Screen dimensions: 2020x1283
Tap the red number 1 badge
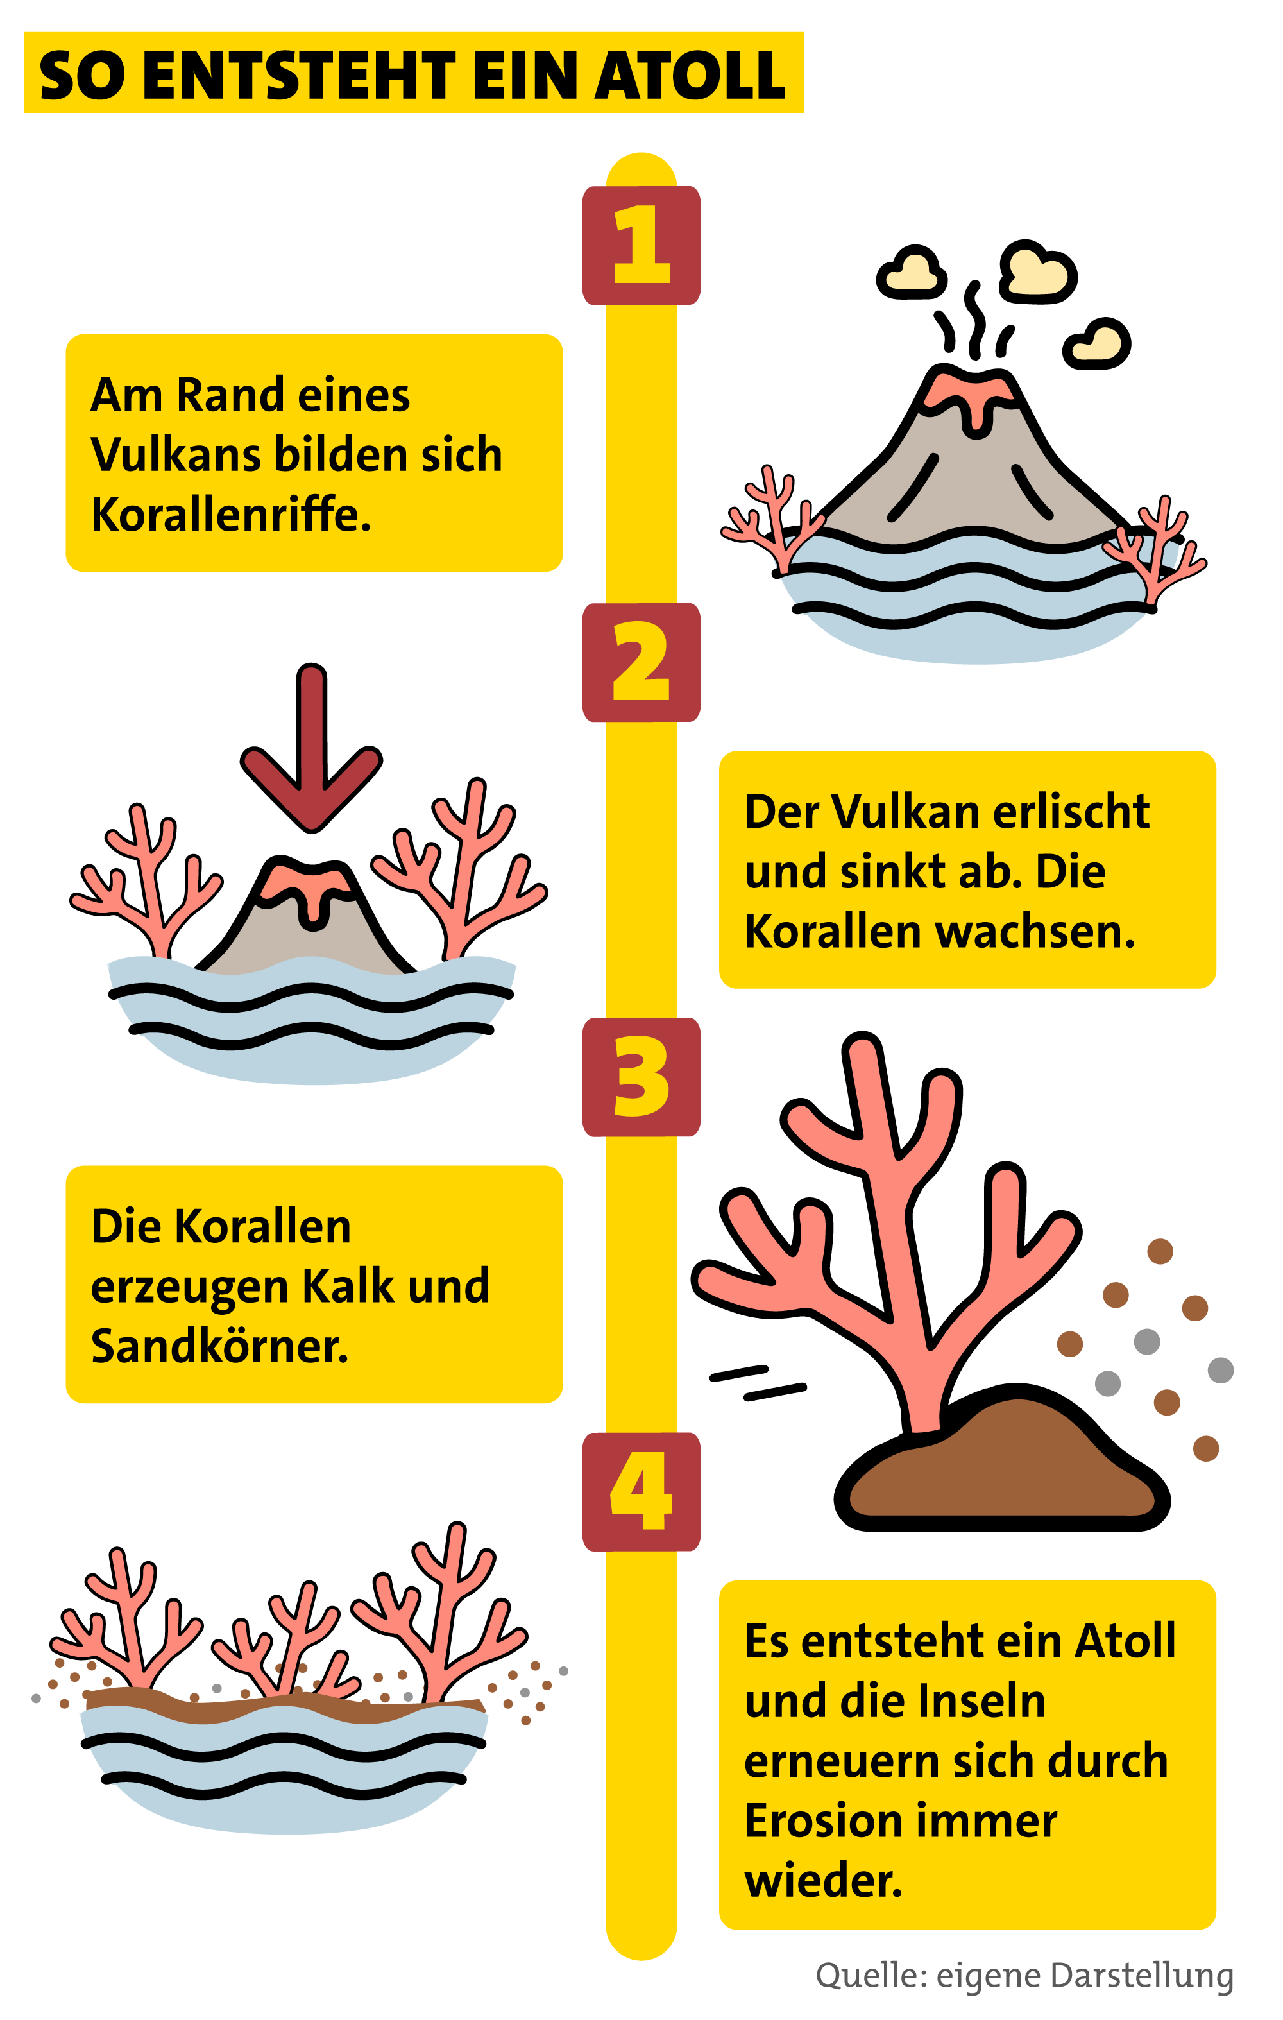[x=641, y=245]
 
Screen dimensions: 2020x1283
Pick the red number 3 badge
[x=641, y=1077]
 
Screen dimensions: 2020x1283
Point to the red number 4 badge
[x=641, y=1491]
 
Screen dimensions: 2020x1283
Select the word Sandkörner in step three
[x=219, y=1346]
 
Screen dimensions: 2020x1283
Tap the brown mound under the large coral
[x=1002, y=1468]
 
